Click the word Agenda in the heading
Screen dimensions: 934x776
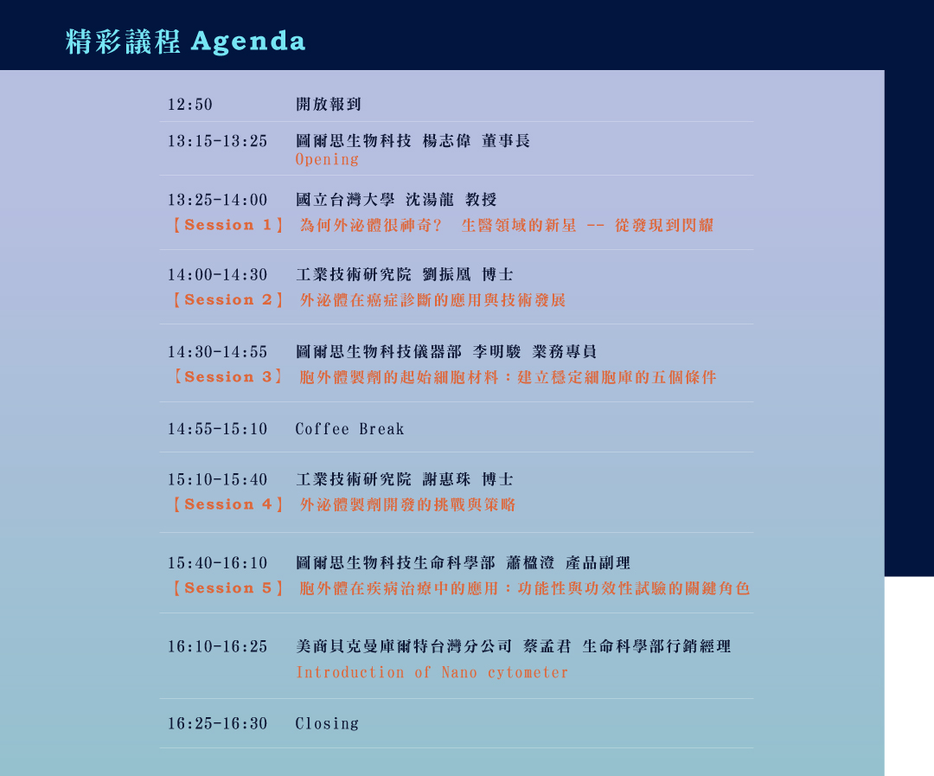coord(248,42)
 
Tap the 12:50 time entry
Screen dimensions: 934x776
coord(190,105)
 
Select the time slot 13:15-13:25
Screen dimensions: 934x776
coord(217,141)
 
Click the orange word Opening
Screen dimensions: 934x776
coord(327,160)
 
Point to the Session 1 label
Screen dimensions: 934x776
coord(227,225)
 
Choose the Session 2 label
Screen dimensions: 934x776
coord(227,300)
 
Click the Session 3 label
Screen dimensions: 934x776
coord(227,376)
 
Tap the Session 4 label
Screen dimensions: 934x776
coord(227,504)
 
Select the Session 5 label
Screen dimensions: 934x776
coord(227,587)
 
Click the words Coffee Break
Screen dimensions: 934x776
coord(349,429)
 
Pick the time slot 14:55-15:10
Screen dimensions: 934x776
coord(217,429)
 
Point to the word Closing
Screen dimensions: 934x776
coord(327,723)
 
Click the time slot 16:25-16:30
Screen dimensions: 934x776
coord(217,723)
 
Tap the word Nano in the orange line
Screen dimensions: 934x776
coord(459,672)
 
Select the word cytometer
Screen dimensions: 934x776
coord(528,672)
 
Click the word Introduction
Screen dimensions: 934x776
coord(350,672)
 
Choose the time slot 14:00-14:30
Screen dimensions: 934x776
coord(217,275)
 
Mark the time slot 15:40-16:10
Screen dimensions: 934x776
coord(217,563)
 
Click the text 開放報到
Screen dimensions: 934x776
coord(329,105)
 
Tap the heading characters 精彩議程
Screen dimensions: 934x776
coord(123,42)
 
